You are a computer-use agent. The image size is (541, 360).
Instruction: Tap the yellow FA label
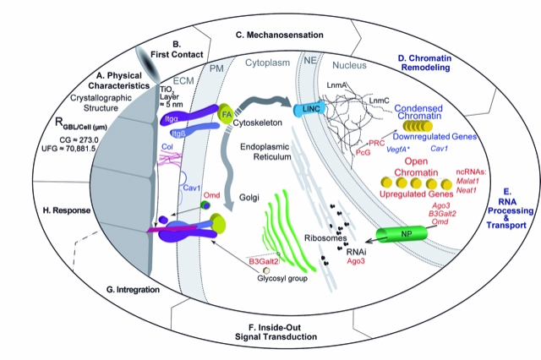point(226,113)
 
